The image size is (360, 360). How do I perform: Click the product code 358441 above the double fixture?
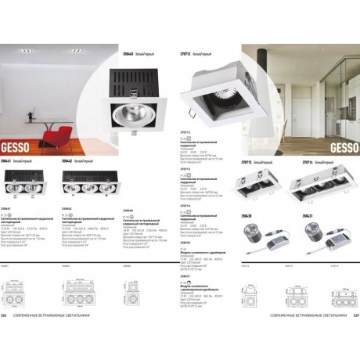[11, 160]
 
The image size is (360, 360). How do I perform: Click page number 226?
[11, 338]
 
